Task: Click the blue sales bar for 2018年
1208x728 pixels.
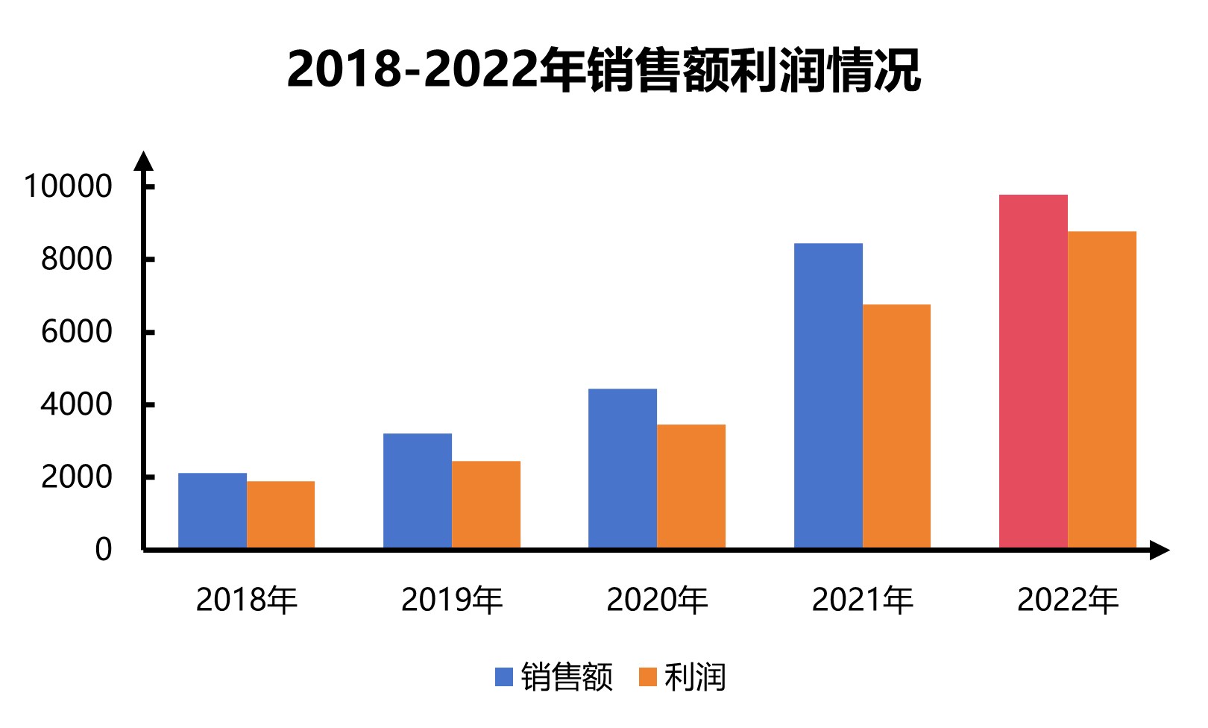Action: tap(213, 511)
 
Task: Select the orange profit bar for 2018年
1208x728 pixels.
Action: tap(281, 515)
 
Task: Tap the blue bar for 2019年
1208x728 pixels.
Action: tap(418, 491)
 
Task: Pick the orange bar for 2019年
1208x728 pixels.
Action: tap(486, 505)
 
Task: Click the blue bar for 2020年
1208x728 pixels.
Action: tap(623, 468)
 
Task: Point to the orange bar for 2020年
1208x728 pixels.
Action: tap(691, 486)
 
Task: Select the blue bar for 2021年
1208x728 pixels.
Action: tap(828, 395)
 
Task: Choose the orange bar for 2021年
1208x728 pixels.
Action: tap(897, 426)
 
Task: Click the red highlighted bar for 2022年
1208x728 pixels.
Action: tap(1034, 371)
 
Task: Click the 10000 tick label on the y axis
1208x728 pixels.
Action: tap(68, 186)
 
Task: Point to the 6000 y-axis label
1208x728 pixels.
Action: tap(77, 332)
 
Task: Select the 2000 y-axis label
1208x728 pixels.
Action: tap(77, 477)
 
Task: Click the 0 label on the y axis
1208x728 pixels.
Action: tap(104, 550)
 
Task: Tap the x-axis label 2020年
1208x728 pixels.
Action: tap(657, 600)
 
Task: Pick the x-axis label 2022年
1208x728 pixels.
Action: tap(1068, 600)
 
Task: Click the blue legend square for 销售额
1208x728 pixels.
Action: tap(504, 677)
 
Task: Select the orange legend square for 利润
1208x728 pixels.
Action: tap(648, 677)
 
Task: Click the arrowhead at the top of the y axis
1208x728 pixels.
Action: tap(143, 161)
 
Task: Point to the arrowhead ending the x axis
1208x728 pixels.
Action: tap(1160, 550)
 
